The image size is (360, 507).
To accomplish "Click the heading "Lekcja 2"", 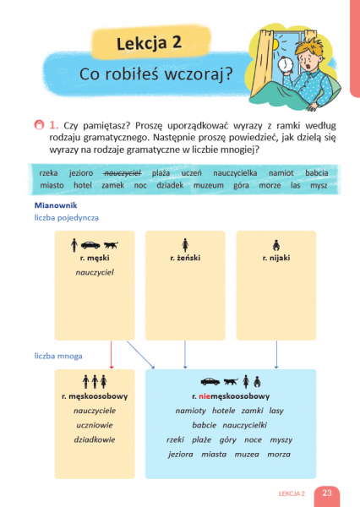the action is point(149,43).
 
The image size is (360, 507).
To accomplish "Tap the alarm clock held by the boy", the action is point(286,64).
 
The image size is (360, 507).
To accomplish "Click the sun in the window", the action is point(276,46).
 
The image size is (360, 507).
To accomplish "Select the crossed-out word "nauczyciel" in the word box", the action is point(123,173).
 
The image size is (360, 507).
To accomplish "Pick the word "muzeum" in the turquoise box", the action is point(209,186).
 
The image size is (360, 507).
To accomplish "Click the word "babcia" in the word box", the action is point(317,173).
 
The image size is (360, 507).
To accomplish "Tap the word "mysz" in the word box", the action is point(319,186).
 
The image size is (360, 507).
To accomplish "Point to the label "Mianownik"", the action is point(56,205).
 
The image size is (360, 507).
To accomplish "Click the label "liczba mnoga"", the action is point(58,356).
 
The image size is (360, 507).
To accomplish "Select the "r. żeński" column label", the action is point(185,258).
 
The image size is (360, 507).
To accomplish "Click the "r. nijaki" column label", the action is point(275,258).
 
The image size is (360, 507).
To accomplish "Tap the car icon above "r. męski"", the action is point(90,245).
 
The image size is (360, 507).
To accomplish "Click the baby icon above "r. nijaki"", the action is point(275,245).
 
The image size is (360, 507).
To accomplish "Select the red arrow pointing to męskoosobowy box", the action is point(112,354).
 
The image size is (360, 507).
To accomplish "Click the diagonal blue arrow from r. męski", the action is point(140,355).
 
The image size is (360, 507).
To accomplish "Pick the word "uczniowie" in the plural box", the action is point(95,425).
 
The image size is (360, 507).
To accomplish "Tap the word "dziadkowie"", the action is point(95,439).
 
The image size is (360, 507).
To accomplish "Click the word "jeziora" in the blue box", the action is point(181,455).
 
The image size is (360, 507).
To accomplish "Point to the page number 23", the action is point(327,493).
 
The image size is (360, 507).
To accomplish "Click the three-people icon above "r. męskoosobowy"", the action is point(95,382).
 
